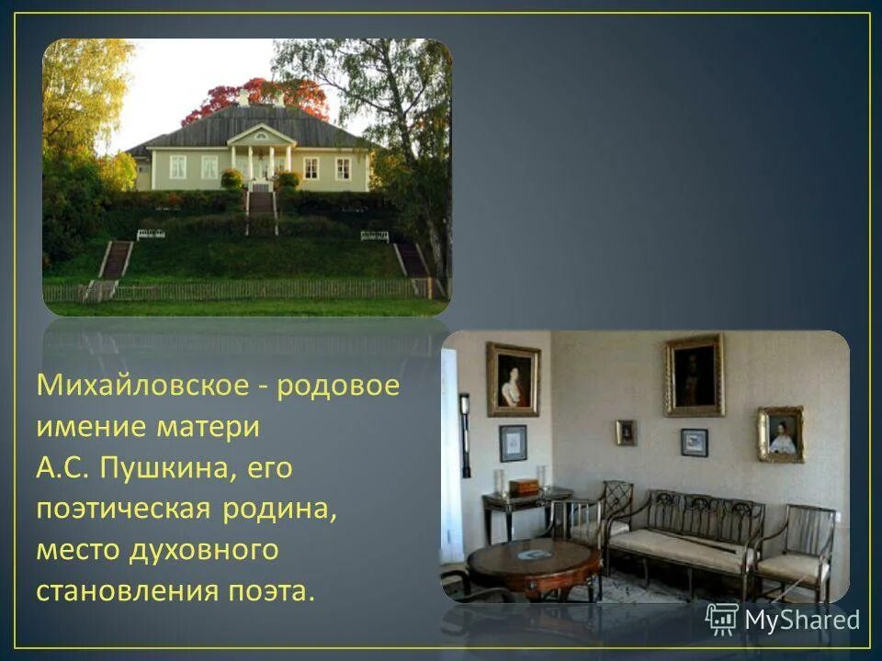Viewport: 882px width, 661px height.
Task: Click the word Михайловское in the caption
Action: [x=139, y=385]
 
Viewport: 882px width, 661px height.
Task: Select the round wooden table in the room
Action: [x=533, y=562]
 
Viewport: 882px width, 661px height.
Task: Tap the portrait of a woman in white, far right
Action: [x=781, y=434]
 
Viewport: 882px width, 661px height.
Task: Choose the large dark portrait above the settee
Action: [x=694, y=375]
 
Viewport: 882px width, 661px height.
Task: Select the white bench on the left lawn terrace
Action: [x=151, y=235]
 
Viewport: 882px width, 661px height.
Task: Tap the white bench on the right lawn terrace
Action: [x=374, y=236]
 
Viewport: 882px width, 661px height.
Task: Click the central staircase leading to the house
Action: [x=262, y=209]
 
